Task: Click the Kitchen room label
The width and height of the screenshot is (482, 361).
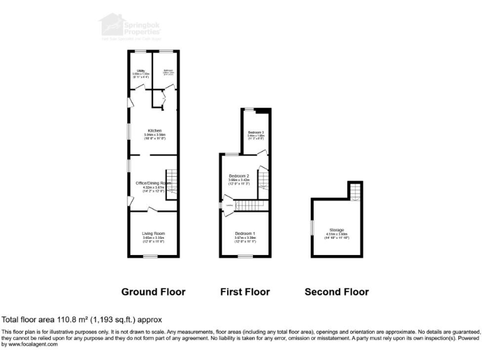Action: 154,130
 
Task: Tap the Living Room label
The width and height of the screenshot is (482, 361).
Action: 154,233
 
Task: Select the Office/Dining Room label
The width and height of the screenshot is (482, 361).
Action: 153,183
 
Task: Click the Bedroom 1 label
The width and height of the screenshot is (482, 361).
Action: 245,233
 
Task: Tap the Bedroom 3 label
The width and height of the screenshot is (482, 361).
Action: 255,132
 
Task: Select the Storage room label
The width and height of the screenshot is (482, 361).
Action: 336,230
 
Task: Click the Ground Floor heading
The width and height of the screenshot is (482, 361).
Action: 153,292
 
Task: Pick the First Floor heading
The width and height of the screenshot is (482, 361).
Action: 245,292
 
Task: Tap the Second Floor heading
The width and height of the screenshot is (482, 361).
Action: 336,292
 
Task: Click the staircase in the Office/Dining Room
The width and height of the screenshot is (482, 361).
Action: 171,184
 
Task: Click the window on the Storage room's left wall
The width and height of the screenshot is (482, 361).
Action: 311,226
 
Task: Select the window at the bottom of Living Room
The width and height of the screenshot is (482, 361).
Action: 154,256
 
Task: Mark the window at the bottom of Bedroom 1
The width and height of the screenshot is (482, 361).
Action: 245,256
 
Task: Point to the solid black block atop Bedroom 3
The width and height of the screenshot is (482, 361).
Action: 266,111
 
